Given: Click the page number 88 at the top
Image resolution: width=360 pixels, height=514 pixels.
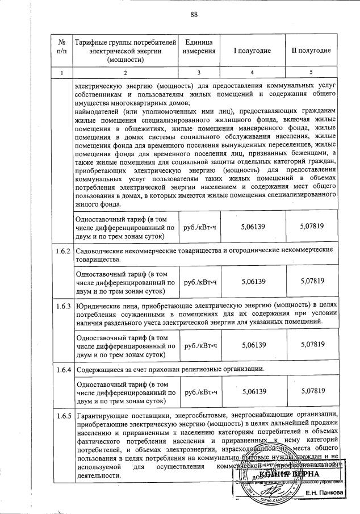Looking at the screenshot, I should coord(194,15).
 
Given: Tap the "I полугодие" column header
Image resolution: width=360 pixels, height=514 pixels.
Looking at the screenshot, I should coord(252,51).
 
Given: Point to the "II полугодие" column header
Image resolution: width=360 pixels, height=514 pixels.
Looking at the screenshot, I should coord(311,51).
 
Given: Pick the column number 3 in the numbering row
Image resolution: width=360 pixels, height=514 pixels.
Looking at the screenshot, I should coord(199,72).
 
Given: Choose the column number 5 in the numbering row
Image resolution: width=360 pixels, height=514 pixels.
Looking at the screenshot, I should coord(311,72).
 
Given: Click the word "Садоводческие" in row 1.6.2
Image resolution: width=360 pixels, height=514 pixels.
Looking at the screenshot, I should coord(100,250).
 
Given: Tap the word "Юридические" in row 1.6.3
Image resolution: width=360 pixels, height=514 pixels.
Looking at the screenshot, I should coord(98,306).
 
